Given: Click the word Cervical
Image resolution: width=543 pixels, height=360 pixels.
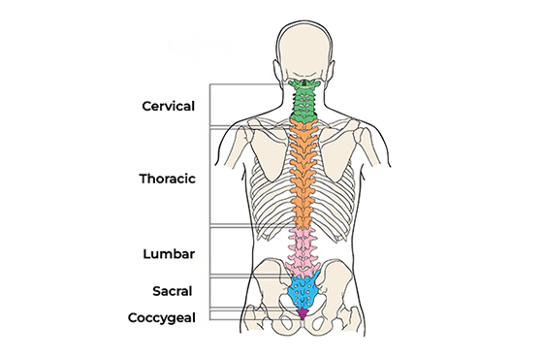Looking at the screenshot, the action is pyautogui.click(x=169, y=106).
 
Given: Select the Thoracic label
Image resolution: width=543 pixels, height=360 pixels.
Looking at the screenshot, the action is pyautogui.click(x=167, y=179).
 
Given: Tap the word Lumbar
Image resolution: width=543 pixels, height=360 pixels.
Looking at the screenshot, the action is pyautogui.click(x=169, y=254).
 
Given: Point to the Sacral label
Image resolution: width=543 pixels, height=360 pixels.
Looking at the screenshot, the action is pyautogui.click(x=173, y=291).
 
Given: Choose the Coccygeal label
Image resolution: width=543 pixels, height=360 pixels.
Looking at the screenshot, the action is pyautogui.click(x=162, y=317).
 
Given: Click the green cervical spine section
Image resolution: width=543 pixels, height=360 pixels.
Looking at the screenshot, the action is pyautogui.click(x=303, y=102).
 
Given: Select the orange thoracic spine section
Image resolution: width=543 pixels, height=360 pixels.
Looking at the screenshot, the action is pyautogui.click(x=303, y=174).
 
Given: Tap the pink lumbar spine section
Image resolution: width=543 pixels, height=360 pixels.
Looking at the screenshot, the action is pyautogui.click(x=303, y=253).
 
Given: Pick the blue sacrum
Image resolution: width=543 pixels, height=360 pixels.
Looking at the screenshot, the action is pyautogui.click(x=303, y=291).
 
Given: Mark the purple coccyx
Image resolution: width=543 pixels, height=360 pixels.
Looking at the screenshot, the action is pyautogui.click(x=303, y=313).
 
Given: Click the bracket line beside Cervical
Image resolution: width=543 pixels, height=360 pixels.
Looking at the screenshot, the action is pyautogui.click(x=210, y=105).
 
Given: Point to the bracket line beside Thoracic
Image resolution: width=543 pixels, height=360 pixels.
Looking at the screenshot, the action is pyautogui.click(x=210, y=177).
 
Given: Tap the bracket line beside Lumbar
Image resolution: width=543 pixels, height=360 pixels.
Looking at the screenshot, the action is pyautogui.click(x=210, y=252).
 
